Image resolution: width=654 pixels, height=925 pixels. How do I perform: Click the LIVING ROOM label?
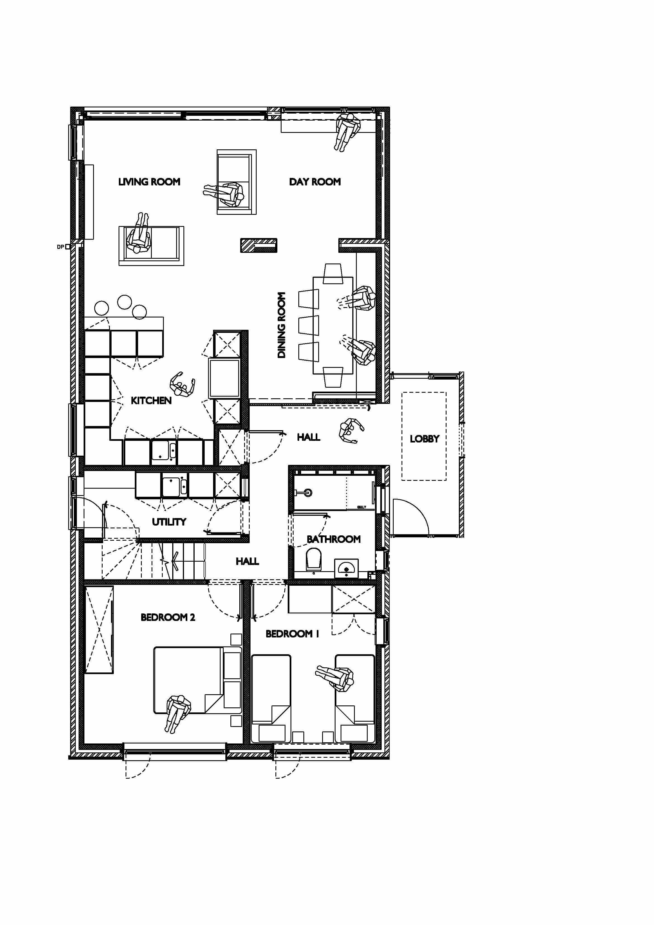tap(149, 182)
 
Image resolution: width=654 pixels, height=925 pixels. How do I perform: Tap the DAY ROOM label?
tap(315, 182)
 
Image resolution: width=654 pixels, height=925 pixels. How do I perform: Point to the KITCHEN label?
tap(151, 401)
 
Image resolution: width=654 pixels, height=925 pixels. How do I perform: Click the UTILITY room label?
tap(169, 522)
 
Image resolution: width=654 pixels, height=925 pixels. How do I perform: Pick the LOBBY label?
tap(424, 439)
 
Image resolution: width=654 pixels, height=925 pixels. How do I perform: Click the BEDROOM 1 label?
tap(292, 634)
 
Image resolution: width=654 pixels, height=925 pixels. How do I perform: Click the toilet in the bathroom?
tap(314, 560)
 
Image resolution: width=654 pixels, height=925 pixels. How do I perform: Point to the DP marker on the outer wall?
tap(60, 247)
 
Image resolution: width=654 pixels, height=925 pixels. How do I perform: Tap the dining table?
tap(333, 325)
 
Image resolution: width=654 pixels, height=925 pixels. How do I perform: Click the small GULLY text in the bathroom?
tap(361, 507)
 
